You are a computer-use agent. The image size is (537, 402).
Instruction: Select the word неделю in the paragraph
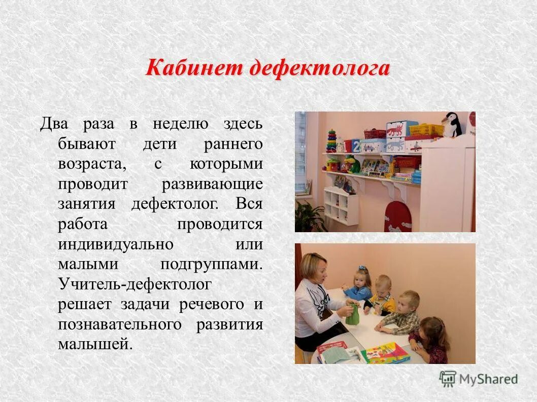[x=181, y=124]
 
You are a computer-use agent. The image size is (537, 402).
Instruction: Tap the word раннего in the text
[x=233, y=144]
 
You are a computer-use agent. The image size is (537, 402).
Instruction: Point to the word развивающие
[x=212, y=184]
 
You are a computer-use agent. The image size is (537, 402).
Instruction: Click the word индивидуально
[x=116, y=244]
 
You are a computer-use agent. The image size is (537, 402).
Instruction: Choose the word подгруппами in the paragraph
[x=212, y=264]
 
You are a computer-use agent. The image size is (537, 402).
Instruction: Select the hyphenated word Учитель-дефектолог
[x=135, y=284]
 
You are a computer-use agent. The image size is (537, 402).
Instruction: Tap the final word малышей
[x=95, y=344]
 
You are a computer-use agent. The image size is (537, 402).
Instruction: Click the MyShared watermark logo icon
[x=448, y=379]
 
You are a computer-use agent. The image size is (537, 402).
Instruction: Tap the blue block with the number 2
[x=356, y=146]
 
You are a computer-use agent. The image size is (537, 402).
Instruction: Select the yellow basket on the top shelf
[x=425, y=130]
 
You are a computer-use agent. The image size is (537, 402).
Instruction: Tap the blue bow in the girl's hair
[x=362, y=268]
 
